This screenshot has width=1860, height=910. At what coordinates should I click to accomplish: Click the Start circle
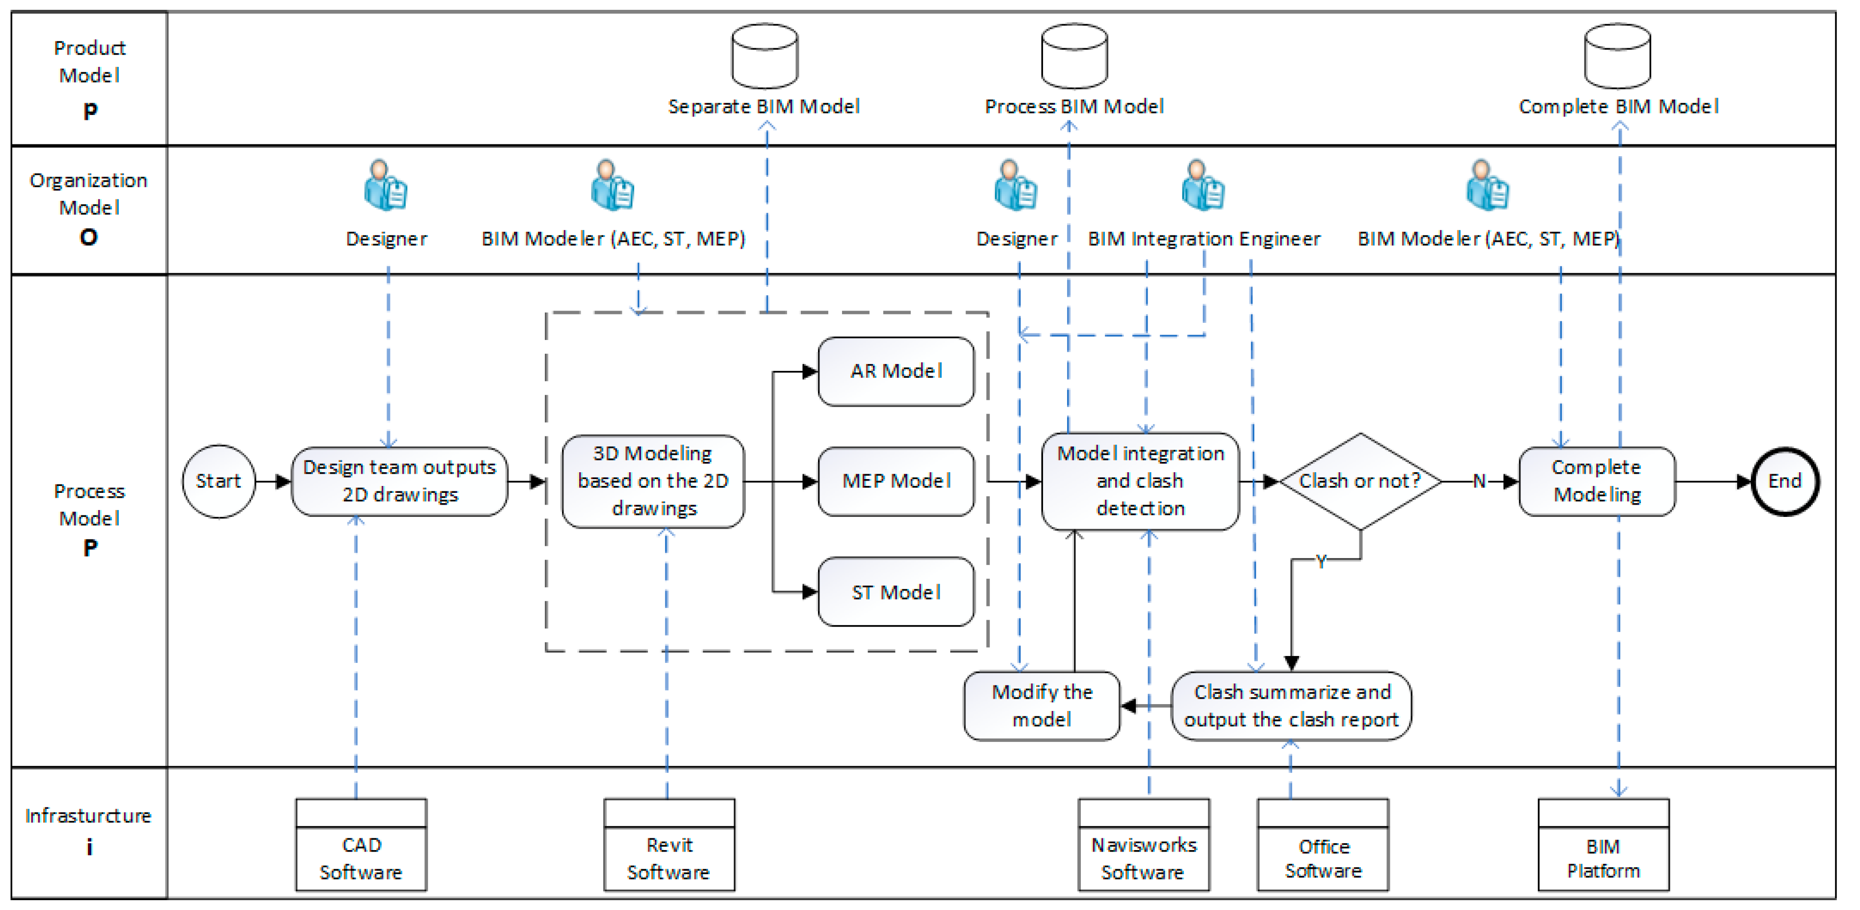pos(219,481)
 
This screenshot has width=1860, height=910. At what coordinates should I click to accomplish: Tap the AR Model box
pos(896,371)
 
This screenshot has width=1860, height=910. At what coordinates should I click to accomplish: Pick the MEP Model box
pos(896,481)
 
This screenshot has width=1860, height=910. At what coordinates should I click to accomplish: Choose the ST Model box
pos(896,592)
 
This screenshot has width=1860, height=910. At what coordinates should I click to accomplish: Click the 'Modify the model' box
pos(1042,706)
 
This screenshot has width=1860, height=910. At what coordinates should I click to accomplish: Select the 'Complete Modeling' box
pos(1597,481)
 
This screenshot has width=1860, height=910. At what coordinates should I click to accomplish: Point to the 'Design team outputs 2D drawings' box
pos(399,481)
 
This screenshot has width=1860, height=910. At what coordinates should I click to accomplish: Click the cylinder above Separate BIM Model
pos(764,57)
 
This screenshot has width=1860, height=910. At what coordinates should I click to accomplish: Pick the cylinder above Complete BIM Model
pos(1617,57)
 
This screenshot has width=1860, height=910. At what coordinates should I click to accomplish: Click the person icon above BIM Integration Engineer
pos(1203,186)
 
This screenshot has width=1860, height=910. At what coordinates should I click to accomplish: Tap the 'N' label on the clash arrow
pos(1479,481)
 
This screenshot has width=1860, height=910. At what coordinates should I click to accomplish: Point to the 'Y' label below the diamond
pos(1321,561)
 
